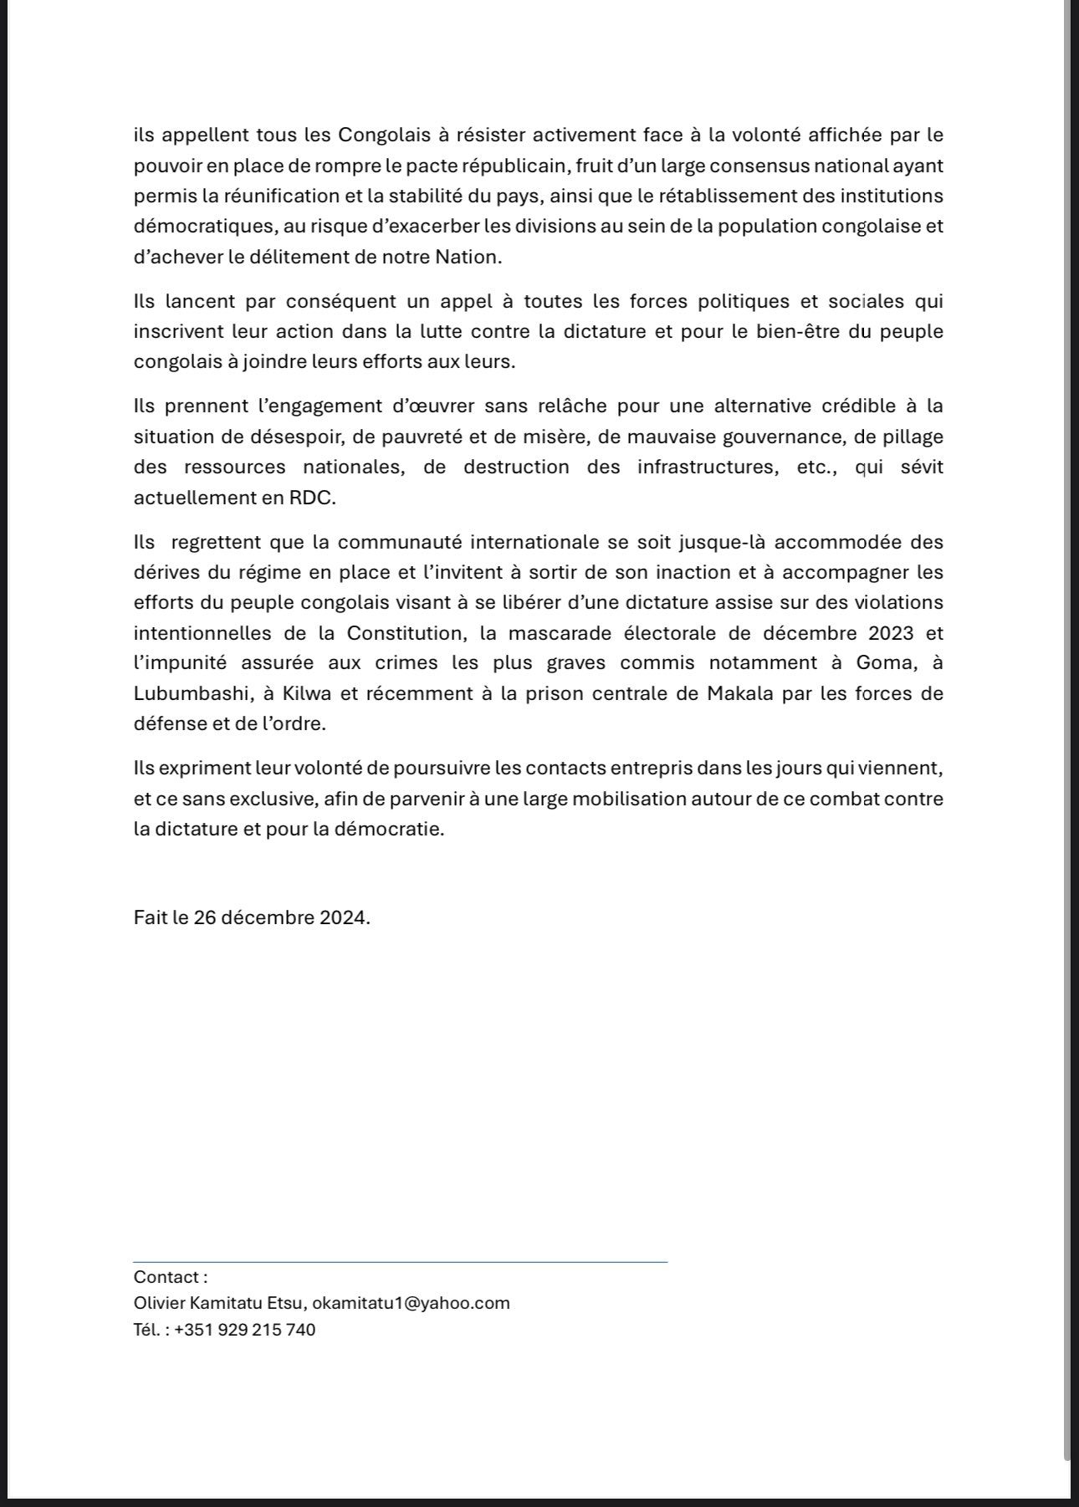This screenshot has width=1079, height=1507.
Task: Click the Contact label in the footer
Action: click(170, 1277)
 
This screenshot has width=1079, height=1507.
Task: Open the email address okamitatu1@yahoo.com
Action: click(411, 1303)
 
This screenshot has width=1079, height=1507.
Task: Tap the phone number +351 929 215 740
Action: click(245, 1330)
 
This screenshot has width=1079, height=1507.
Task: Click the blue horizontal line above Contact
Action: click(400, 1261)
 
